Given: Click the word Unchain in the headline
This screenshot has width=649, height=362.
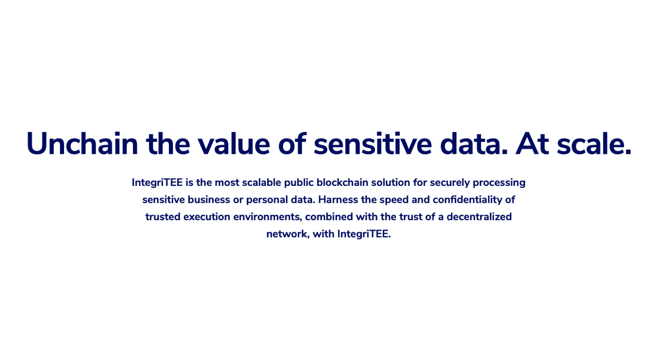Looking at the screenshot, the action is coord(82,144).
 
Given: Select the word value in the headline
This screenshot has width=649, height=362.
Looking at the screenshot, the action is coord(234,144).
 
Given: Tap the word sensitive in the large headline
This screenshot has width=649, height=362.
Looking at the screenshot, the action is coord(373,144).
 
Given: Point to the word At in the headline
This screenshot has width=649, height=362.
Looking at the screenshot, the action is coord(532,144).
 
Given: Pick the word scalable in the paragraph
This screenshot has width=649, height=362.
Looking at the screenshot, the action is coord(262,183).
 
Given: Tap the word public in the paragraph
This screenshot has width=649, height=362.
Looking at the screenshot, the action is coord(299,183).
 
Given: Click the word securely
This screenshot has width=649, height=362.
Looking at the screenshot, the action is coord(450,183).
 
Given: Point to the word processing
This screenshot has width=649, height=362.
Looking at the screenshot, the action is coord(499,183).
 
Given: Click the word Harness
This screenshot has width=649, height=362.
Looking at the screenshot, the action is coord(338,200).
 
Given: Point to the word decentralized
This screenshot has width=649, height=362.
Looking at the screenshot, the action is coord(479,217).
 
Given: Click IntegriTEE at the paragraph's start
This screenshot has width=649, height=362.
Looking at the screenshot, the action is coord(157,183).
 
